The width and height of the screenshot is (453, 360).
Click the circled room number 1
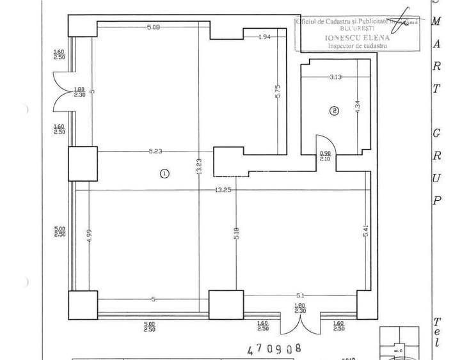click(164, 173)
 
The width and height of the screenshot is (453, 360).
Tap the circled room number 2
click(333, 110)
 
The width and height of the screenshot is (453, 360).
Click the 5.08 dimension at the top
click(153, 27)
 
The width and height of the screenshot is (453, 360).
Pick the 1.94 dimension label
click(264, 38)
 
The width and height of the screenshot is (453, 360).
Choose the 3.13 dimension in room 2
click(335, 77)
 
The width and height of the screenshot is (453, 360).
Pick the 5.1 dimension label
click(301, 295)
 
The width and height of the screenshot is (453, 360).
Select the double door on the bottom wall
click(301, 322)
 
